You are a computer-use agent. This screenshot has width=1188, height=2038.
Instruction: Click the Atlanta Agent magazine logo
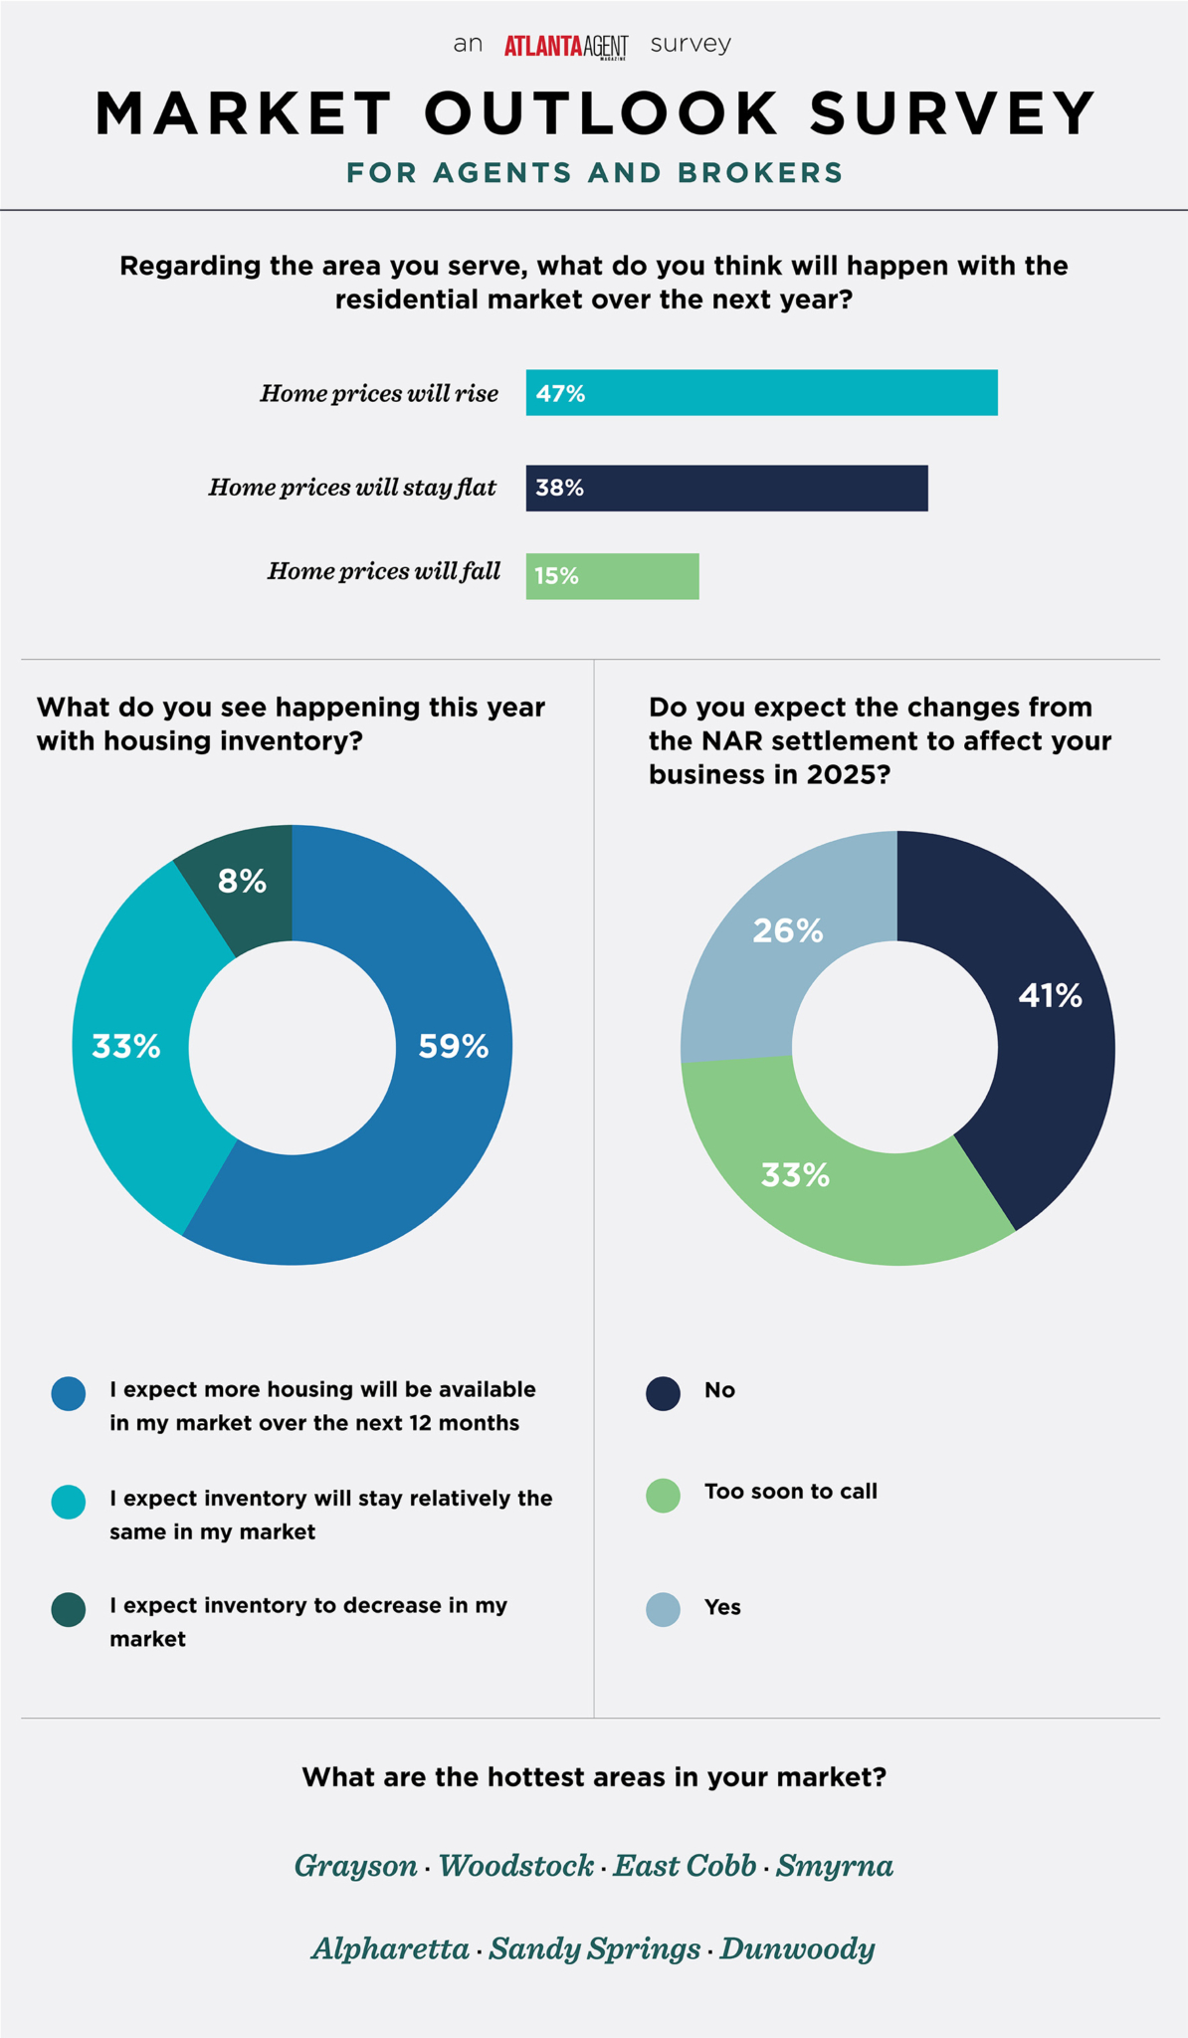tap(565, 46)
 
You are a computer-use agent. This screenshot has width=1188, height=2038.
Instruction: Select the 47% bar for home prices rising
tap(761, 393)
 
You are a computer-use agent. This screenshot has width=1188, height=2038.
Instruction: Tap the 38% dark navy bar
tap(726, 488)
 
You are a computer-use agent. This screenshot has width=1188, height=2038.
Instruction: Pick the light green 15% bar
tap(612, 576)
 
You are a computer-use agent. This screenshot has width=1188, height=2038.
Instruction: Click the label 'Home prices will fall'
tap(383, 571)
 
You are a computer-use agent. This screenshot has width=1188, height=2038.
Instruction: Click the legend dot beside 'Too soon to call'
tap(663, 1495)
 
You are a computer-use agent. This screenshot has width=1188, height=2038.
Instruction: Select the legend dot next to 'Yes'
tap(663, 1609)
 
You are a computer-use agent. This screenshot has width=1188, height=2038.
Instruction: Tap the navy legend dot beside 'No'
tap(663, 1393)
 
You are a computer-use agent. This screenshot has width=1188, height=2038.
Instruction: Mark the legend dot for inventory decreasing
tap(69, 1609)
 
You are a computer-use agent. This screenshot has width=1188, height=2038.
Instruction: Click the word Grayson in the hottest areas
tap(355, 1866)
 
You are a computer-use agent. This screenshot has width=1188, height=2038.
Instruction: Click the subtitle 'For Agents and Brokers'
tap(594, 173)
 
